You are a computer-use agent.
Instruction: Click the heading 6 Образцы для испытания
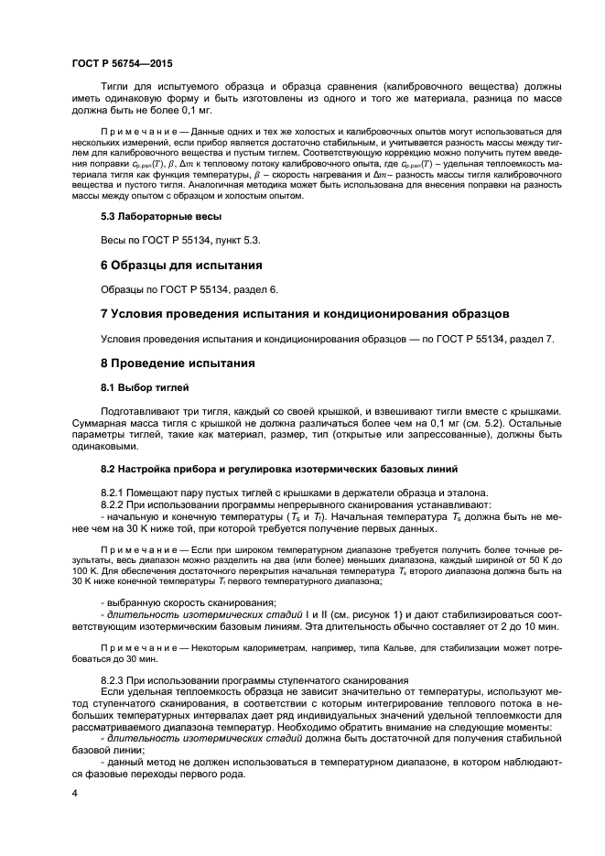pyautogui.click(x=180, y=265)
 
